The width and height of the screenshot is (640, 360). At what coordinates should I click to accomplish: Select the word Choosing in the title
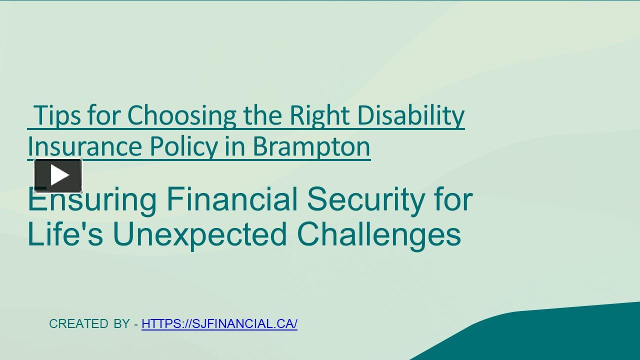(x=181, y=115)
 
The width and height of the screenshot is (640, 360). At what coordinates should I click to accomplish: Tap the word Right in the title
(x=320, y=115)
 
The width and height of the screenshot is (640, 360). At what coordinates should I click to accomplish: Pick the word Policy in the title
(x=183, y=146)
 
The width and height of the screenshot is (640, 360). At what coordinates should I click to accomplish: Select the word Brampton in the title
(x=311, y=146)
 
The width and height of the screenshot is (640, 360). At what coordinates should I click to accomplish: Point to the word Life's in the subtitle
(x=65, y=234)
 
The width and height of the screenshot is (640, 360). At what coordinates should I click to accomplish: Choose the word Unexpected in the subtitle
(x=200, y=234)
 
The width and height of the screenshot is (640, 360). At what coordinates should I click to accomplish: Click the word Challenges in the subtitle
(x=378, y=234)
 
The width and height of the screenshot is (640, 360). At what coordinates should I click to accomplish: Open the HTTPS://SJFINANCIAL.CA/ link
(x=219, y=324)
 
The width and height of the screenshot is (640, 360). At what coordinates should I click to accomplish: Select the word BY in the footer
(x=121, y=324)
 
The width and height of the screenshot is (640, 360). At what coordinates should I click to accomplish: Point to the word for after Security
(x=453, y=199)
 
